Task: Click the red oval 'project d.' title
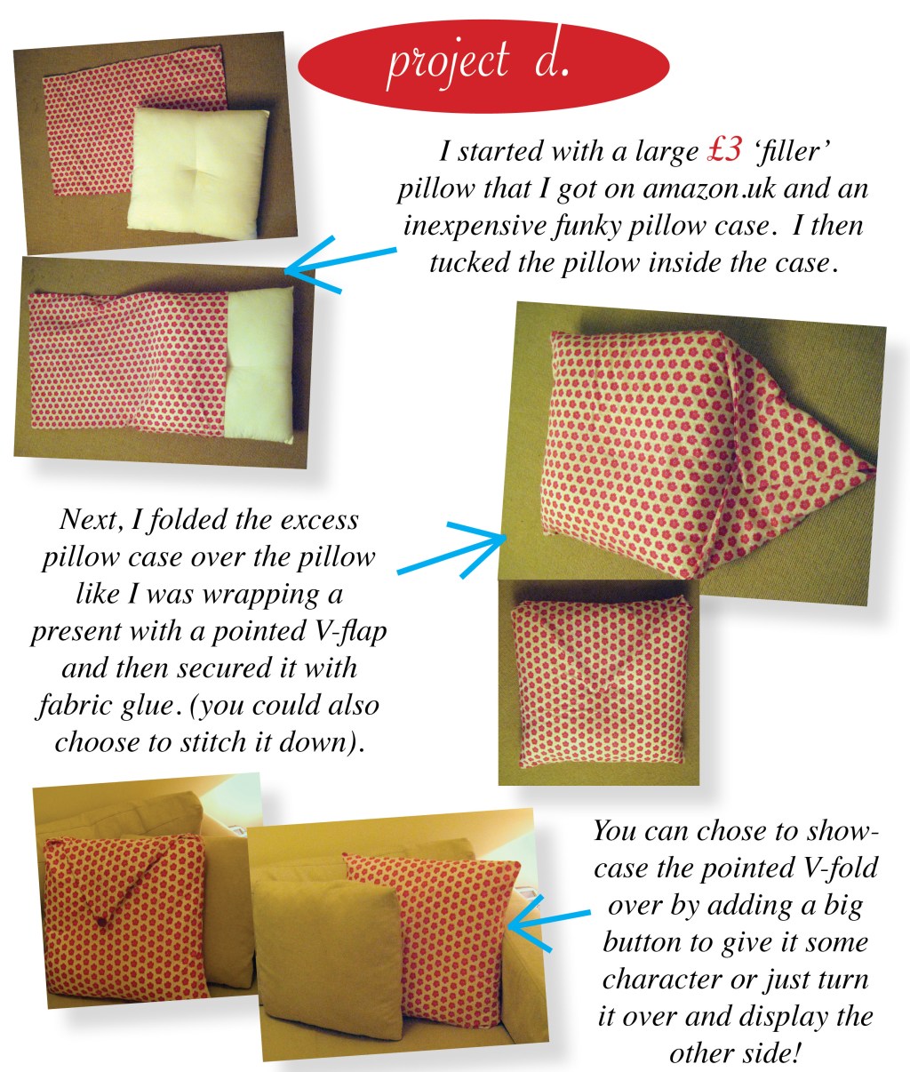click(x=483, y=66)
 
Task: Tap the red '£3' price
click(x=724, y=151)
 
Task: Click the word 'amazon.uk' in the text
click(x=709, y=188)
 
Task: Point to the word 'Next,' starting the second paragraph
click(x=92, y=519)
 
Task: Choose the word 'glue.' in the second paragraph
click(x=148, y=706)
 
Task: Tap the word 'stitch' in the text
click(x=212, y=742)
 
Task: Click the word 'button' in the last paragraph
click(x=642, y=942)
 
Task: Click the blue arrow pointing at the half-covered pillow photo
click(x=340, y=264)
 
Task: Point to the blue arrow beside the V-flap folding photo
click(x=451, y=549)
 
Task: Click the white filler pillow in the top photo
click(x=198, y=173)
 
